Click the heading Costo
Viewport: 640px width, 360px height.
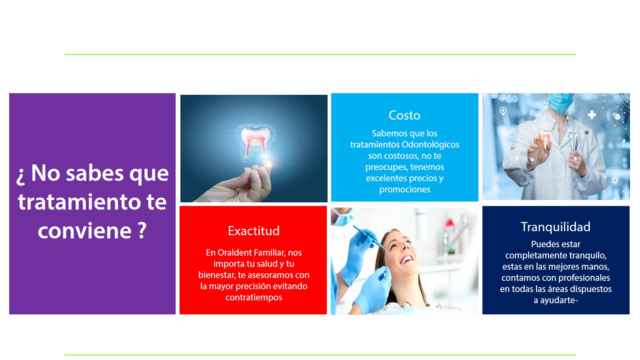pos(404,116)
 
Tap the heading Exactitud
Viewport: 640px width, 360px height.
pos(254,231)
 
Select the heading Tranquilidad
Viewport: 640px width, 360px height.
pos(556,227)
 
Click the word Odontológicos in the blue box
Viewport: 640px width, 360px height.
pos(430,144)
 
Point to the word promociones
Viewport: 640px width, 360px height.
pos(404,190)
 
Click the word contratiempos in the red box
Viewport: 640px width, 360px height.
pos(254,298)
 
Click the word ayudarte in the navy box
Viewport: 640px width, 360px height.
pos(558,300)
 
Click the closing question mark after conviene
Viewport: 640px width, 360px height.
pos(142,230)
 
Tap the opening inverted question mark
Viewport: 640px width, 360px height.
pos(20,176)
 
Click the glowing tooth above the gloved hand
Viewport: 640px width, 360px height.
pos(255,142)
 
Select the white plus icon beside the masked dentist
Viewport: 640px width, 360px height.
pos(592,115)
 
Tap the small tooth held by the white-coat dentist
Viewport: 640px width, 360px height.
pos(546,140)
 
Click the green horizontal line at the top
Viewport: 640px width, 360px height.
pos(320,54)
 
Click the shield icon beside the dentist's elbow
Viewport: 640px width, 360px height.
pos(615,180)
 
